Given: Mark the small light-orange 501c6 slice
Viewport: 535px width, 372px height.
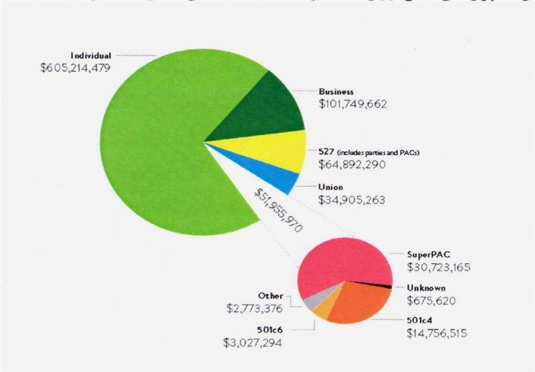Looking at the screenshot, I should [322, 311].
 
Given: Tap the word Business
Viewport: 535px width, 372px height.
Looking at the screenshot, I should [336, 91].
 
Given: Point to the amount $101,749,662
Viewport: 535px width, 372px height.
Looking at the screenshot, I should [354, 104].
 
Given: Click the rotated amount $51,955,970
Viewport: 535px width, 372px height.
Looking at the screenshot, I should [278, 210].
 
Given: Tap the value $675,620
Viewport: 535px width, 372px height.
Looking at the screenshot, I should [431, 301].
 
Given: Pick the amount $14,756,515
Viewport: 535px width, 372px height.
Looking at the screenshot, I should [439, 332].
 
